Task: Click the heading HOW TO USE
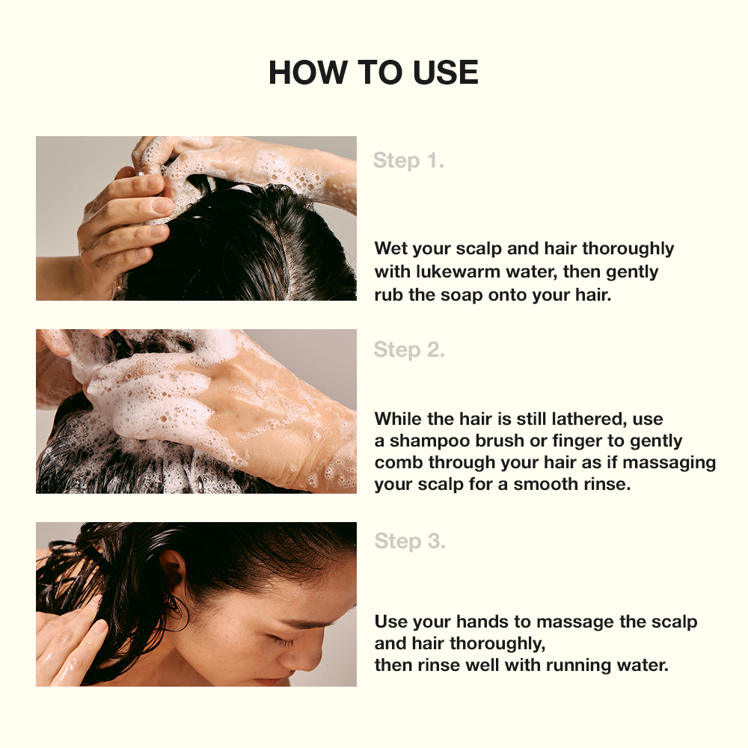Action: (x=373, y=73)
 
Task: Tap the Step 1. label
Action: (x=408, y=160)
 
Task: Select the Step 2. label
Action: (x=409, y=349)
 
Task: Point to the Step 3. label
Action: (x=410, y=541)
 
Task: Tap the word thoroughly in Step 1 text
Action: (x=628, y=249)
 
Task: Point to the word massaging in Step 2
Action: (x=669, y=463)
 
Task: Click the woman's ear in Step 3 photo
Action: (x=173, y=574)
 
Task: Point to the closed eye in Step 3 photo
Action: (x=280, y=642)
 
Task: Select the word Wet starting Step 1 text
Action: (x=391, y=249)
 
